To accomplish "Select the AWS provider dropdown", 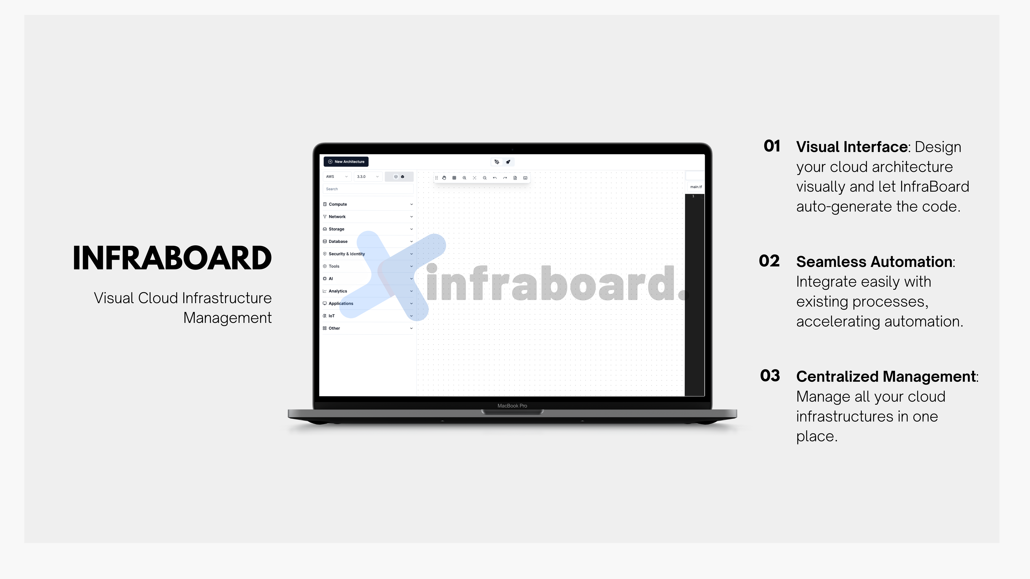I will (x=337, y=177).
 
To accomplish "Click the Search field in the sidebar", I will (x=368, y=189).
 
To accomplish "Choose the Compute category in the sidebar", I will (x=338, y=204).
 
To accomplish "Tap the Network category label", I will (x=337, y=217).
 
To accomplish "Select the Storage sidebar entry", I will (x=336, y=229).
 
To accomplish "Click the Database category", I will (x=338, y=241).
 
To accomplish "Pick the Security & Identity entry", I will (x=347, y=254).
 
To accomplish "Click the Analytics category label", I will (x=338, y=291).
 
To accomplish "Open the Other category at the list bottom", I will (x=334, y=328).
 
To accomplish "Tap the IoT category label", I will (x=331, y=316).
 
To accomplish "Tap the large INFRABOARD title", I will (x=172, y=258).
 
